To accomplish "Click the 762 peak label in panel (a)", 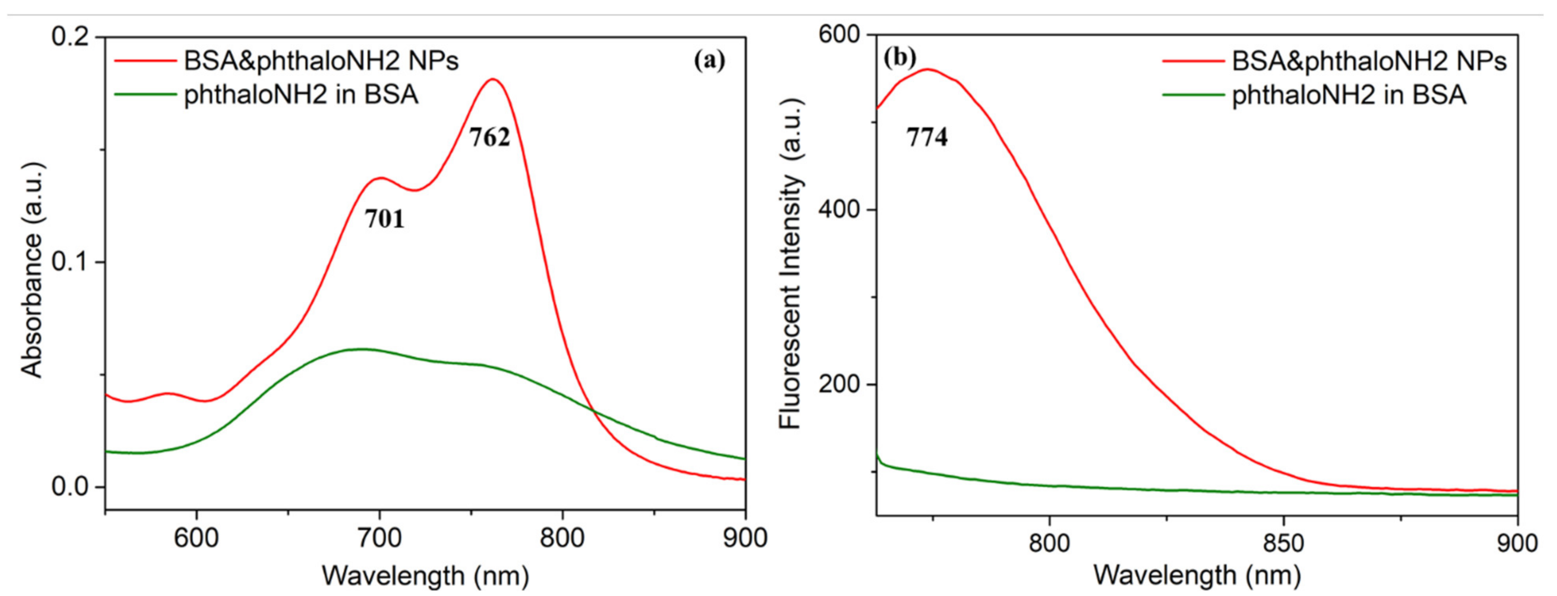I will (x=490, y=138).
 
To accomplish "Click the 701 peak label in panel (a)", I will (x=385, y=219).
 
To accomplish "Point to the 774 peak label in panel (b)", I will (x=927, y=138).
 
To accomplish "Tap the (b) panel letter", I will (x=899, y=58).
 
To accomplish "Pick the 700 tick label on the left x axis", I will (x=379, y=538).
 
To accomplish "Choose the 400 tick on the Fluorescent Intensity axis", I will (x=838, y=210).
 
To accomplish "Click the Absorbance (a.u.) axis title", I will (x=33, y=270).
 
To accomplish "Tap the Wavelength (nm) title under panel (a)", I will (x=425, y=576).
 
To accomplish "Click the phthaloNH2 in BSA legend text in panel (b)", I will (x=1349, y=95).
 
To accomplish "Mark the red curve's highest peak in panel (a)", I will (x=494, y=79).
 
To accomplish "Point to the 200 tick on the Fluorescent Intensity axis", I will (x=838, y=384).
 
